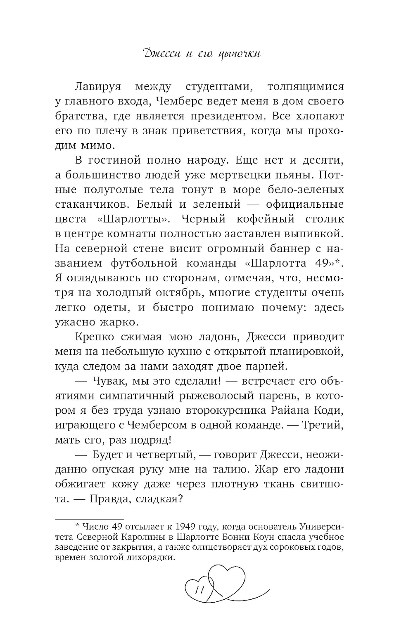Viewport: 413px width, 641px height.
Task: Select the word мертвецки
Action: [229, 175]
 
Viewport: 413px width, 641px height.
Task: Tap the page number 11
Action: [199, 590]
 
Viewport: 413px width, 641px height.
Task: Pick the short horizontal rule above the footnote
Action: [90, 519]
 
